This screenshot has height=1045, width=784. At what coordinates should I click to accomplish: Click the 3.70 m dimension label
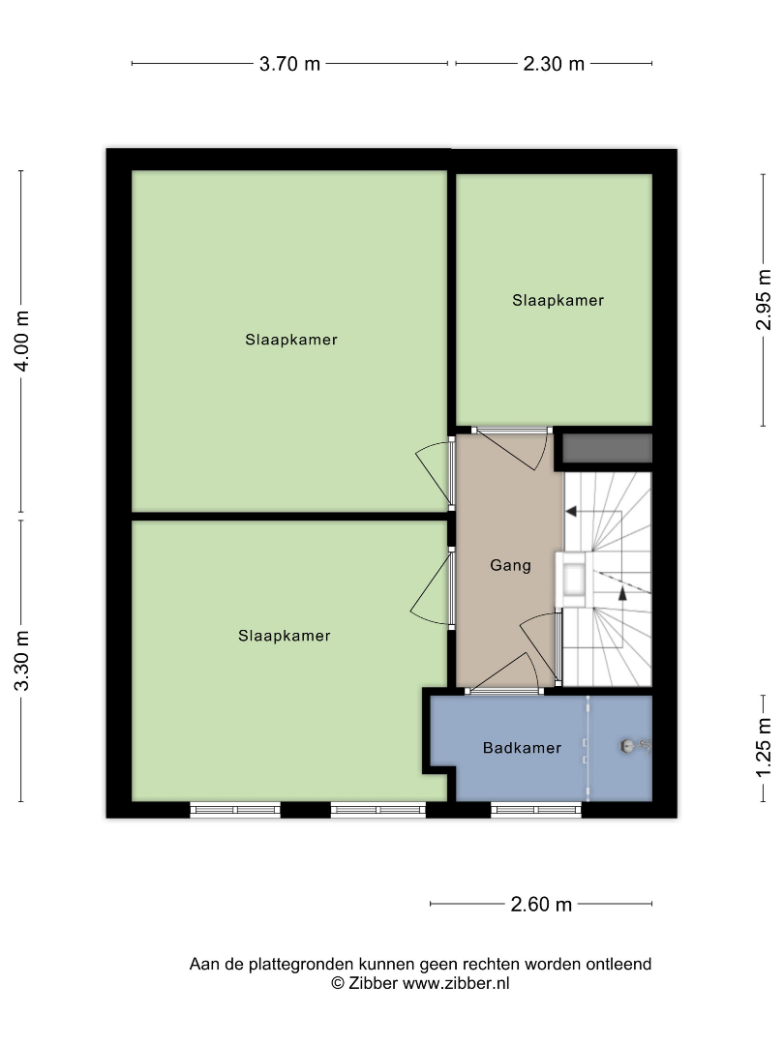click(x=290, y=64)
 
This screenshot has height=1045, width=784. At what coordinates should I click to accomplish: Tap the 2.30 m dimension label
click(x=554, y=64)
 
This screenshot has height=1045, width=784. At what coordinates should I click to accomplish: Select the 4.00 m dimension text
click(x=22, y=341)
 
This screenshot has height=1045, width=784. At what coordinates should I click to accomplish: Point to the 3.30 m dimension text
click(x=22, y=661)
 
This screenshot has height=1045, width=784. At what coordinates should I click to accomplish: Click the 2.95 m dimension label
click(x=764, y=300)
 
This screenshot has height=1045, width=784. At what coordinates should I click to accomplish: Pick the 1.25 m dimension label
click(x=764, y=746)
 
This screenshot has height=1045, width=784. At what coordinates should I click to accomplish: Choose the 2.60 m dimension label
click(x=541, y=905)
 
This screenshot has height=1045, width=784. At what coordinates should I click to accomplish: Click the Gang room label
click(x=511, y=565)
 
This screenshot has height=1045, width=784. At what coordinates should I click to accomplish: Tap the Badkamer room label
click(x=522, y=748)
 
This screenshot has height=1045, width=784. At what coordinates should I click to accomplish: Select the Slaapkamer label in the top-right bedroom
click(x=558, y=301)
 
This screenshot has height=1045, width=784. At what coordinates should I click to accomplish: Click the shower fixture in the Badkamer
click(x=635, y=746)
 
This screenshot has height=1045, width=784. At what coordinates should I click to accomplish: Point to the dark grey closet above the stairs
click(x=607, y=449)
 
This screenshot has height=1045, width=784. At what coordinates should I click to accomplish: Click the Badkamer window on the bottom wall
click(x=536, y=810)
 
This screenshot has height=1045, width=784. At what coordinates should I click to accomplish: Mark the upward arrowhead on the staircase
click(x=622, y=593)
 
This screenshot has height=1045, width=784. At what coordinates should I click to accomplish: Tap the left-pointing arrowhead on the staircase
click(x=571, y=512)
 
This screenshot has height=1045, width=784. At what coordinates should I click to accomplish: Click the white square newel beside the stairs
click(x=574, y=580)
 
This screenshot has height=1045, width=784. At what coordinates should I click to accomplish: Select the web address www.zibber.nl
click(x=456, y=983)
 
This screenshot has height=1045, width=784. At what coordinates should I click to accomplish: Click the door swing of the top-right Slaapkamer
click(x=513, y=449)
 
